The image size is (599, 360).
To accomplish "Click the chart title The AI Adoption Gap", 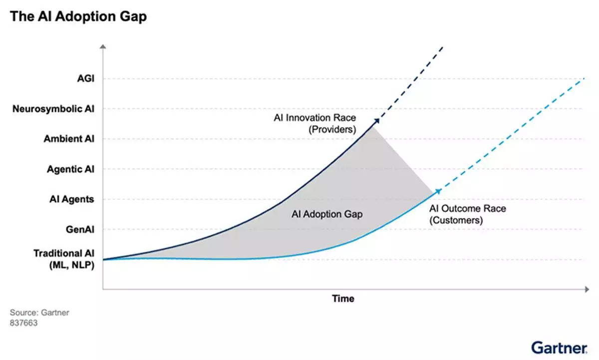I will [x=78, y=16].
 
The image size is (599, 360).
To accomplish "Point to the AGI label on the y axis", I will [x=85, y=78].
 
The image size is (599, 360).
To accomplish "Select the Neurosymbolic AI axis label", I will [x=53, y=109].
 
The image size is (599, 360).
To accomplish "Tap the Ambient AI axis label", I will [x=69, y=139].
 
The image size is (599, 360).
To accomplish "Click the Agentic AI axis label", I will [x=70, y=169].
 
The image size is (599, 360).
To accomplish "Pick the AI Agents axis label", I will [x=71, y=199].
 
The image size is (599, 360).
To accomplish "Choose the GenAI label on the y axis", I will [x=80, y=230].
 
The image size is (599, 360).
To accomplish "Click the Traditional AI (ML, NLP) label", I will [x=64, y=259].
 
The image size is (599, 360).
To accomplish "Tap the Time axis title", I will [x=343, y=299].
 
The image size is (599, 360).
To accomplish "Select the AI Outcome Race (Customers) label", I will [x=467, y=214].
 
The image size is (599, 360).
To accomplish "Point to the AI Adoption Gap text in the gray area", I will [x=326, y=214].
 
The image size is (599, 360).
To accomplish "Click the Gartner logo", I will [x=559, y=348].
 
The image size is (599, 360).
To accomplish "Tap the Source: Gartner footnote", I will [x=39, y=313].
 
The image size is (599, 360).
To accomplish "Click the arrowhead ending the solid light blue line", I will [x=439, y=190].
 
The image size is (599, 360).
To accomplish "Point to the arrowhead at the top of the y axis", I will [x=103, y=46].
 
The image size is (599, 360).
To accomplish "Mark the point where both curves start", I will [x=104, y=260].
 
